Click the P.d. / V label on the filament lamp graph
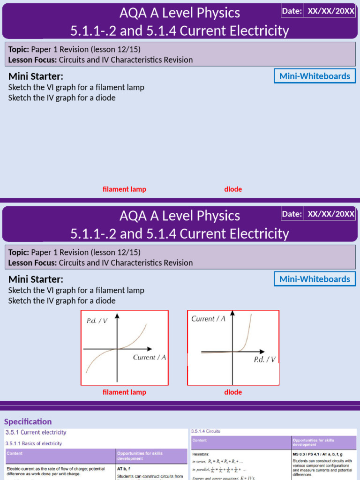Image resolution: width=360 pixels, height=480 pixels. (x=97, y=321)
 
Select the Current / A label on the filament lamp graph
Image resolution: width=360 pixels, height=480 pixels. (x=150, y=357)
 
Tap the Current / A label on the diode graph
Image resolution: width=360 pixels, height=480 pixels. (x=209, y=319)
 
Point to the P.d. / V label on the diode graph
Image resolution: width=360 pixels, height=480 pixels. (x=264, y=360)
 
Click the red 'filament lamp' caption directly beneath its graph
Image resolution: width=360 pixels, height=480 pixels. (x=124, y=392)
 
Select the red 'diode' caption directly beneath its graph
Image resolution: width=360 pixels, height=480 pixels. (x=233, y=392)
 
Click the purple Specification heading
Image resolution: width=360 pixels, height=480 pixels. (x=28, y=421)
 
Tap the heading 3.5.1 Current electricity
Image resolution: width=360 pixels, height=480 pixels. (x=36, y=432)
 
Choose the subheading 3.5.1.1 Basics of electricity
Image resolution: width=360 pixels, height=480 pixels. (x=33, y=443)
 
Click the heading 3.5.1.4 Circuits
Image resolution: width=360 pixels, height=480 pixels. (x=206, y=431)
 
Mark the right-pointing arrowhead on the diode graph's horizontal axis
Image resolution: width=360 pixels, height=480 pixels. (x=274, y=352)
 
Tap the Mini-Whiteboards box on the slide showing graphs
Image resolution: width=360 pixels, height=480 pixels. (x=315, y=279)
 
